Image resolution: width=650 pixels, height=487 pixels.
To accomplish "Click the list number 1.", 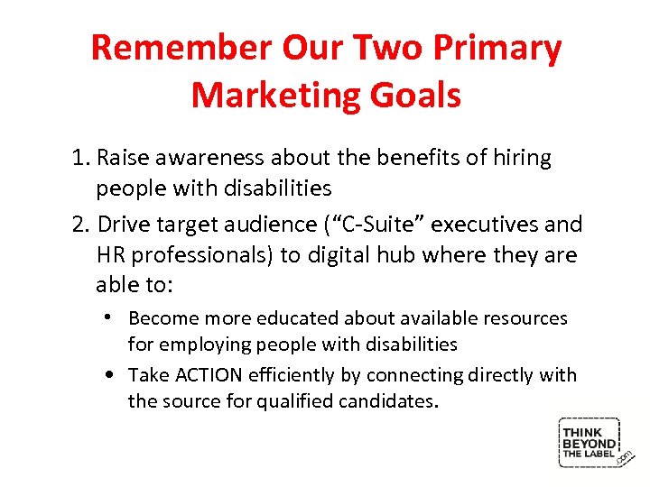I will point(79,158).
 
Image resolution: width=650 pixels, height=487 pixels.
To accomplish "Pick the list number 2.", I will point(79,224).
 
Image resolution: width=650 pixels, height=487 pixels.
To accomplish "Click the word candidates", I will point(386,400).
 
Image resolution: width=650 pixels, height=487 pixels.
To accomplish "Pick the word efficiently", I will point(302,374).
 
